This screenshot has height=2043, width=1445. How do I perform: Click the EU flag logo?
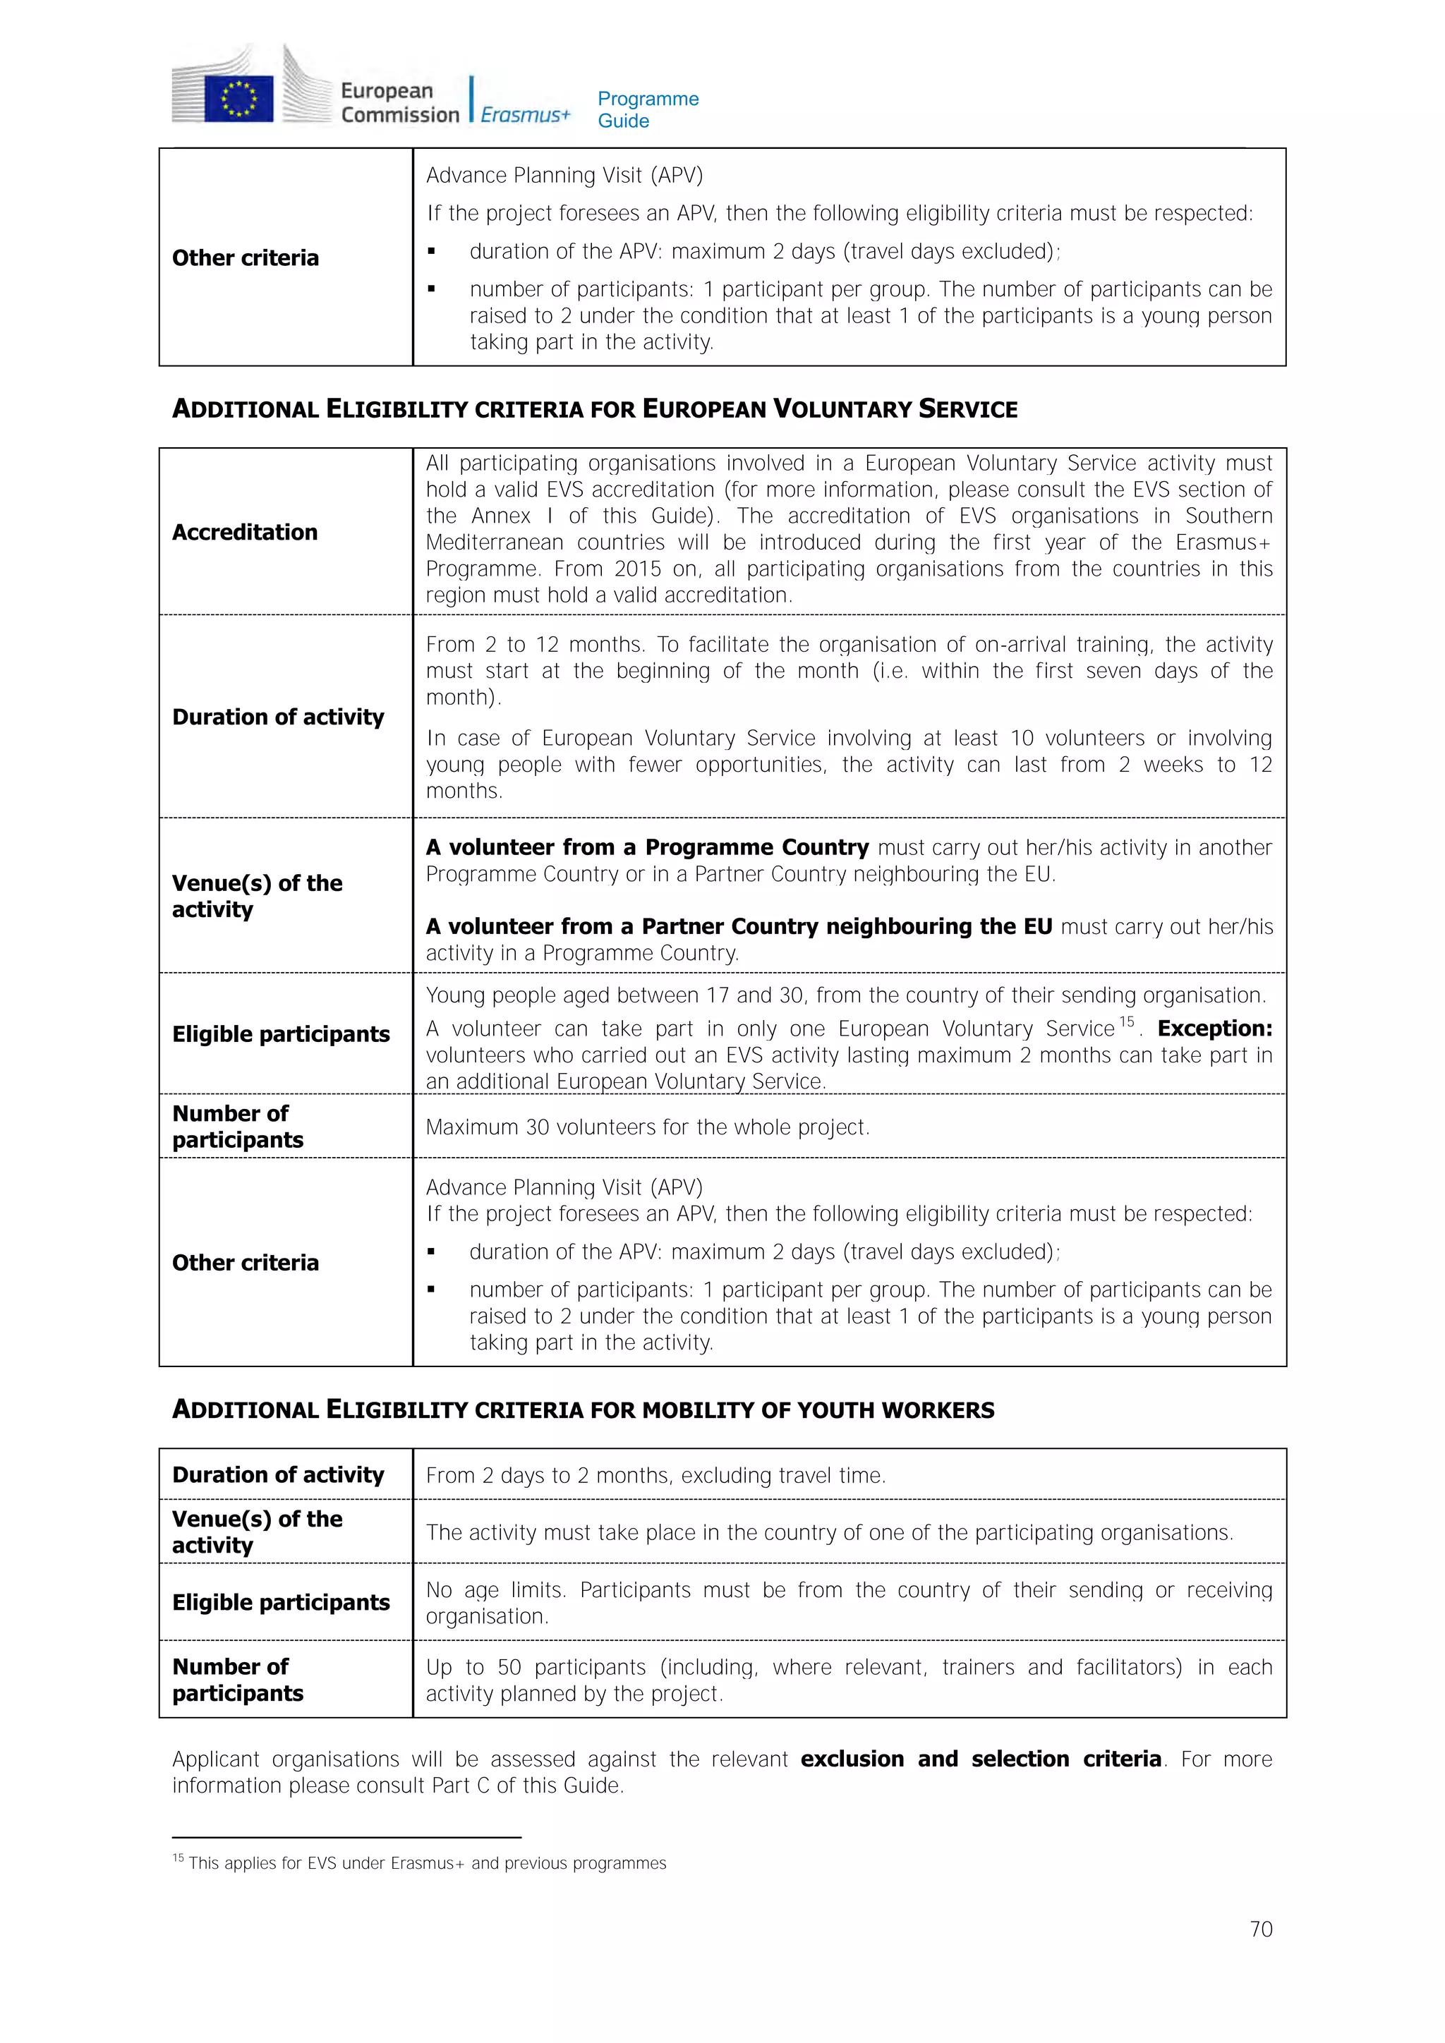click(x=238, y=98)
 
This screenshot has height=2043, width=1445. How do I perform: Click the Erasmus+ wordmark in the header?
click(x=525, y=115)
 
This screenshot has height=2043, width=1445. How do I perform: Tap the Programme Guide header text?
click(x=648, y=109)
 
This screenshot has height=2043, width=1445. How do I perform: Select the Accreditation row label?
click(x=245, y=532)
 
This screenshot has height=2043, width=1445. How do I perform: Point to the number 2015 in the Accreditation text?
click(x=638, y=569)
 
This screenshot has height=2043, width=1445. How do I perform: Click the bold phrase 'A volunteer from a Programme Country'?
click(x=647, y=847)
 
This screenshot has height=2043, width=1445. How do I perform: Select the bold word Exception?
click(x=1214, y=1029)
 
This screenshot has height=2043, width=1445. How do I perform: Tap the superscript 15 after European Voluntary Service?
click(x=1127, y=1021)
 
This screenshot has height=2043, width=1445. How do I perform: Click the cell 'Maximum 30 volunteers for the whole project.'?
click(x=648, y=1127)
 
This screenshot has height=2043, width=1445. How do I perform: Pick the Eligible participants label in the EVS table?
click(x=280, y=1034)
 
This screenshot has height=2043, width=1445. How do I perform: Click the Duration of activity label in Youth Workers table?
click(x=277, y=1475)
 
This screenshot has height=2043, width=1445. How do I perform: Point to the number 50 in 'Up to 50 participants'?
click(x=509, y=1668)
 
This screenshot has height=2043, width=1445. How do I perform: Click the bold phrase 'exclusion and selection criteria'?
click(x=981, y=1759)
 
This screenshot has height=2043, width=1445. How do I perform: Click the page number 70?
click(x=1261, y=1929)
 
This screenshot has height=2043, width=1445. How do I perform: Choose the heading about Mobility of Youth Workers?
click(x=583, y=1410)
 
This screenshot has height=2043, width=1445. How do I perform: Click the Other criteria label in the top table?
click(x=245, y=258)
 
